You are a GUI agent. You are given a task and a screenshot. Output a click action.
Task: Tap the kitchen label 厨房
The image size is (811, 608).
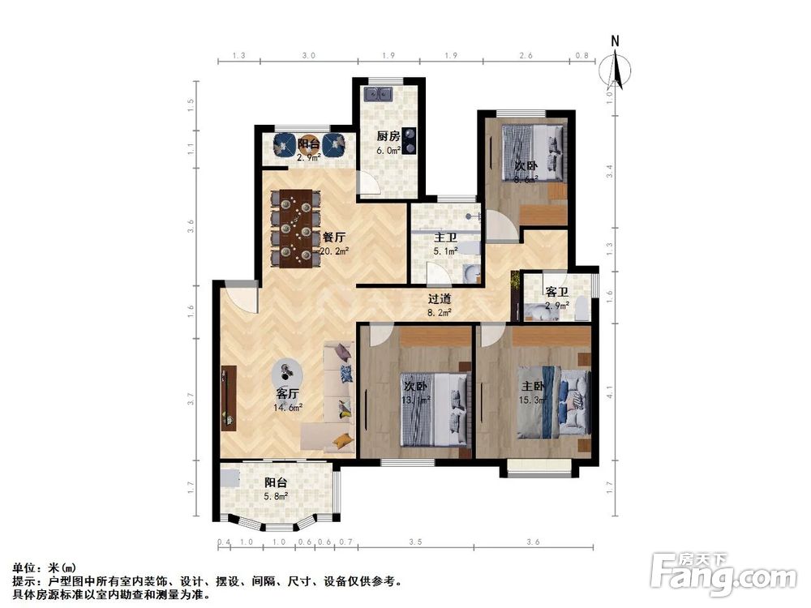coord(387,136)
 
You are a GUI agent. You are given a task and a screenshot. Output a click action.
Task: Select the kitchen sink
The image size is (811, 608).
coord(379,94)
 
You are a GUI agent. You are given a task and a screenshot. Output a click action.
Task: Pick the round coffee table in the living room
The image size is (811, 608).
coord(286,374)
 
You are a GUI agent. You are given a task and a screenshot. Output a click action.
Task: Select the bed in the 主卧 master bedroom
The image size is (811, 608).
coord(553,401)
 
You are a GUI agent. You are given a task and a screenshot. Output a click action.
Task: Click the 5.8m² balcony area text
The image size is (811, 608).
coord(276,496)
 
